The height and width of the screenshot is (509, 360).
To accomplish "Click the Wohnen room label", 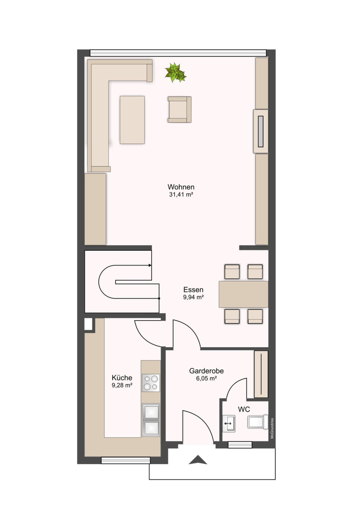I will (181, 187).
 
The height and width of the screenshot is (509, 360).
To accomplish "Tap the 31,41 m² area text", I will (181, 194).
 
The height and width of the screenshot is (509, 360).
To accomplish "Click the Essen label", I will (193, 290).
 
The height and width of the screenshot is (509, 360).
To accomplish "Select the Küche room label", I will (122, 378).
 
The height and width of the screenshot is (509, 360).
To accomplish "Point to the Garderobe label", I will (206, 371).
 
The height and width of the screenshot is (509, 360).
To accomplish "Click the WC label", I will (244, 410).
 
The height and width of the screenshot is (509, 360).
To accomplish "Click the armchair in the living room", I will (179, 110).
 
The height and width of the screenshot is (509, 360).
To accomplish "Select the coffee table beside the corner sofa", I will (132, 120).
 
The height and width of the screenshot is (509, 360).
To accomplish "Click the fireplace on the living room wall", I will (260, 131).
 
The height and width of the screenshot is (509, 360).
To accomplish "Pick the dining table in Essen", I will (243, 294).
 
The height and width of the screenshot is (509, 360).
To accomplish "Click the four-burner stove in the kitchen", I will (151, 383).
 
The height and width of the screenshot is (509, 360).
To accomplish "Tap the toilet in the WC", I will (257, 422).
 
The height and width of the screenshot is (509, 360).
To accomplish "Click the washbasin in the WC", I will (228, 423).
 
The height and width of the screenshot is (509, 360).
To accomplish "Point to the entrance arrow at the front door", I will (198, 460).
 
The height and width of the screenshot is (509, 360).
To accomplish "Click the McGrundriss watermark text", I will (272, 428).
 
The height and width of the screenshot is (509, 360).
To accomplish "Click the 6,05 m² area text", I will (206, 379).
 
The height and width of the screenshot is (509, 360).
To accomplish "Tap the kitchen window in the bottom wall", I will (125, 460).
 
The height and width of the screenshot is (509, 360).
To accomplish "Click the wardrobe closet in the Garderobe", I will (261, 374).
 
